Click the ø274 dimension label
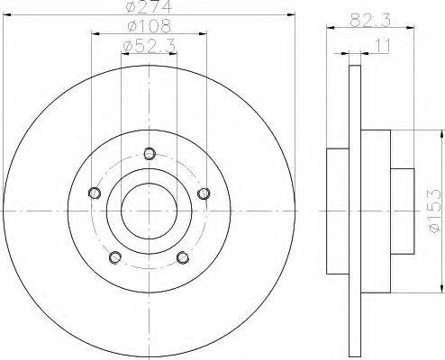point(149,6)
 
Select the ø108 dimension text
point(149,26)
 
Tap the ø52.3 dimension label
point(149,46)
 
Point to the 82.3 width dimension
point(370,21)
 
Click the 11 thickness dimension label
point(382,46)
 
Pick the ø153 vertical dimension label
point(435,211)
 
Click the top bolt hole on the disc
point(150,154)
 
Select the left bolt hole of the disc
point(95,193)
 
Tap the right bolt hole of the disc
point(204,193)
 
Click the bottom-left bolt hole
point(115,257)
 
